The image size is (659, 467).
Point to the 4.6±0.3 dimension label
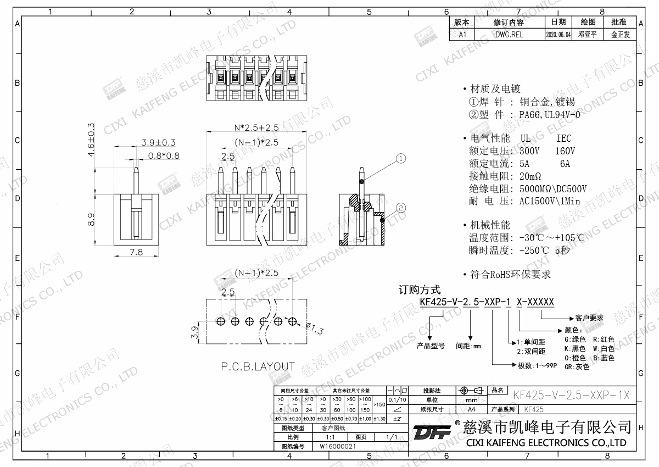91,140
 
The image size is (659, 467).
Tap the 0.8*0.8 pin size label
164,155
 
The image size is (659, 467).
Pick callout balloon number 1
401,159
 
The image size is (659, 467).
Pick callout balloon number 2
401,208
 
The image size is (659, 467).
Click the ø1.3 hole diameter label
314,329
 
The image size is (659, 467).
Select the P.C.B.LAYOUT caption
258,366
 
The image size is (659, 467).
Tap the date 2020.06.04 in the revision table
559,34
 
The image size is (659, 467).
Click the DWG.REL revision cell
509,34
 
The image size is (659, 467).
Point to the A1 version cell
462,34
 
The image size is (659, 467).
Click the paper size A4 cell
471,409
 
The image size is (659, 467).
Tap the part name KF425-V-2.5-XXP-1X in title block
571,395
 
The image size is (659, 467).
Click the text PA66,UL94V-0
549,115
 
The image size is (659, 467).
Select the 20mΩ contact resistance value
530,176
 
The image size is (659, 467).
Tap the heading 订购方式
419,290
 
